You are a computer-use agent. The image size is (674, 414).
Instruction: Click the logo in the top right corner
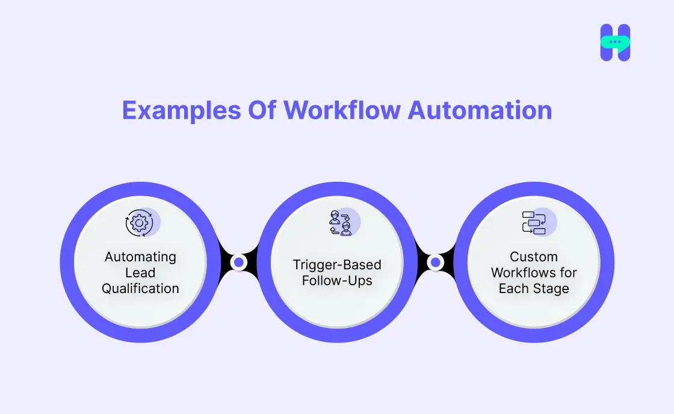615,43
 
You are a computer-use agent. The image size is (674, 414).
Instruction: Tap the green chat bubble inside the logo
615,43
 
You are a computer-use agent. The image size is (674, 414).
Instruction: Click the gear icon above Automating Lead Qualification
139,223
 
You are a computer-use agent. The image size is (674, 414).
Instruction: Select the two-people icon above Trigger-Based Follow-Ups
341,223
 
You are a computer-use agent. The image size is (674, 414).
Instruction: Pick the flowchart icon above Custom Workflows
534,223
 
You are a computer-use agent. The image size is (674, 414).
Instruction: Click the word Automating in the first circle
140,257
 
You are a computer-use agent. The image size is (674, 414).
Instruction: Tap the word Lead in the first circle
140,273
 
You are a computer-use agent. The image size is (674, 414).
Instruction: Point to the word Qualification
140,288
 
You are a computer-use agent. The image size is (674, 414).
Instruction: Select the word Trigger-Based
337,265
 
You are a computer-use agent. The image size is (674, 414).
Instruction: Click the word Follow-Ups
337,280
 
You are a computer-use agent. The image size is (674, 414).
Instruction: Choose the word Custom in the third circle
534,257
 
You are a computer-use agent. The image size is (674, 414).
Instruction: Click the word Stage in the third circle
551,288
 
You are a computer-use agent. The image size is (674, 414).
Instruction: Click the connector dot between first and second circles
239,262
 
